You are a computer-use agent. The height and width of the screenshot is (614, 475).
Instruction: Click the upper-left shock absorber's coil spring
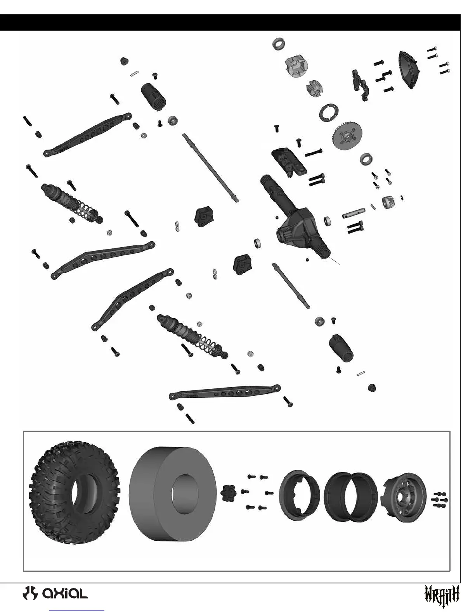tap(86, 211)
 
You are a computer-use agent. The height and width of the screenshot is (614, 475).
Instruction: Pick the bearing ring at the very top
tap(279, 43)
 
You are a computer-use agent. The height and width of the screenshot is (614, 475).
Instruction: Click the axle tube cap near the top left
tap(156, 95)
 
